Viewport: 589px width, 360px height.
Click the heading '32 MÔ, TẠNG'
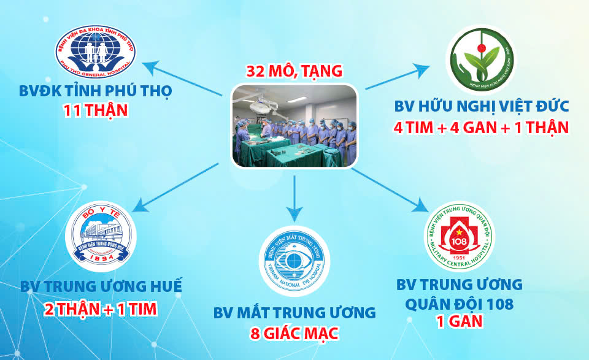(x=294, y=71)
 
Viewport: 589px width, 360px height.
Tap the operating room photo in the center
(x=294, y=126)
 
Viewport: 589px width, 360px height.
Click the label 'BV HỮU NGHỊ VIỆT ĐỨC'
(x=482, y=107)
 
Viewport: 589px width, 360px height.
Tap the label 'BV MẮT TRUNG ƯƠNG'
(x=294, y=313)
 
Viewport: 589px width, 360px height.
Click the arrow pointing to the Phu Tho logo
(x=184, y=77)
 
